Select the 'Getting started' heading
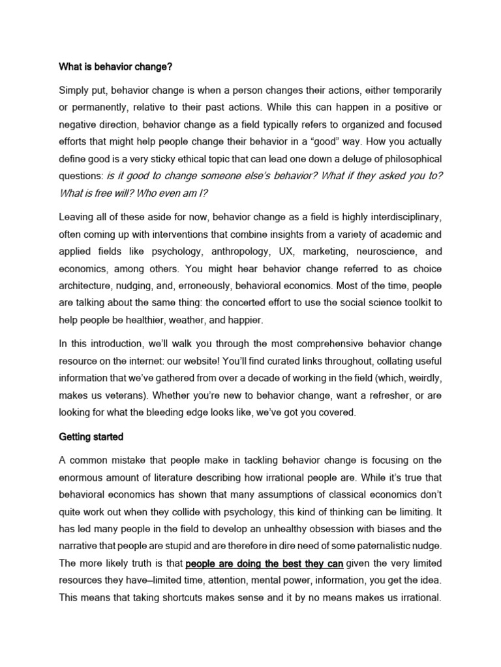91,437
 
